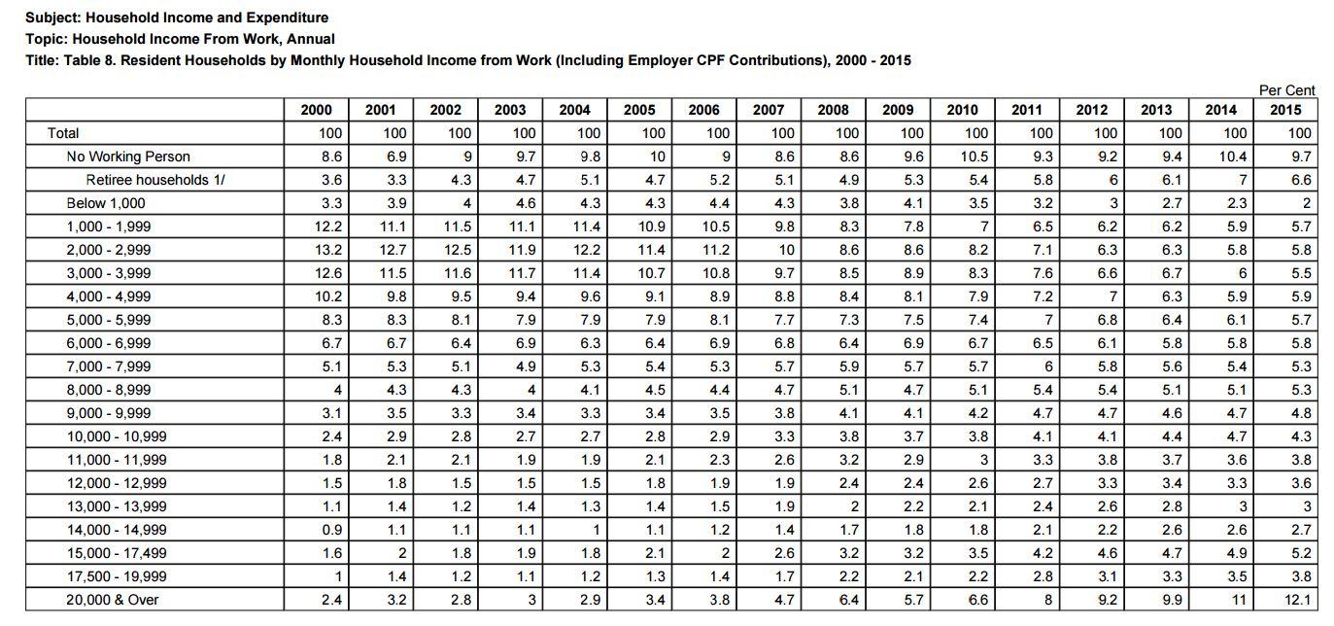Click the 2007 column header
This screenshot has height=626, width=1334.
point(769,110)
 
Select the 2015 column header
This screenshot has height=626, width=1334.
point(1285,110)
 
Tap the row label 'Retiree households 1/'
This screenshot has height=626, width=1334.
point(155,180)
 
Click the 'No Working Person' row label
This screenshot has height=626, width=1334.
point(128,156)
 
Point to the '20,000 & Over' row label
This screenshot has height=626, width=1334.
point(112,600)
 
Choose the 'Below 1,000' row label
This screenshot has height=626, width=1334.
point(106,203)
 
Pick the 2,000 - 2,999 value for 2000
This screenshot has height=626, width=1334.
point(328,250)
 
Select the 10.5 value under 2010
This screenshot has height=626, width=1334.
point(974,156)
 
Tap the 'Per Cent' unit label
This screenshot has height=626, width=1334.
point(1287,90)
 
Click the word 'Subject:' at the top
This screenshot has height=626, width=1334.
point(53,17)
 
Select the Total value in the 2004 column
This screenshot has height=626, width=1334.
point(589,133)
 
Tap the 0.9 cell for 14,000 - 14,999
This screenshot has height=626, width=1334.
point(331,530)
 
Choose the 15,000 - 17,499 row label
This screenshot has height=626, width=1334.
point(117,553)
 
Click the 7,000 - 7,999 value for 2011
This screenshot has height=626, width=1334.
point(1047,366)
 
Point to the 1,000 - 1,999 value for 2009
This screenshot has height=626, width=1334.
point(912,226)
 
